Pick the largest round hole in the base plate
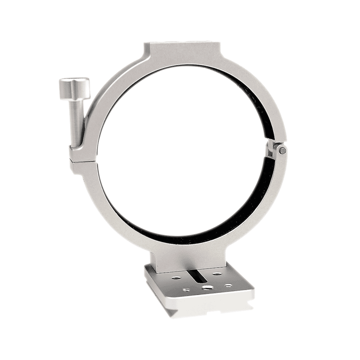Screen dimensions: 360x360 207,287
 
